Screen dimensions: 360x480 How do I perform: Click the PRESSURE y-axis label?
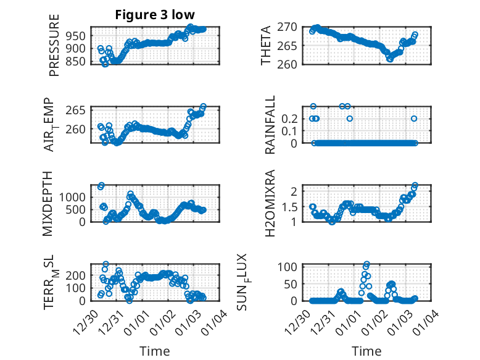click(x=54, y=46)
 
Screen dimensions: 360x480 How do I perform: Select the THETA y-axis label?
click(x=267, y=46)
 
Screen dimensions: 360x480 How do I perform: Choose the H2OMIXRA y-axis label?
click(x=270, y=203)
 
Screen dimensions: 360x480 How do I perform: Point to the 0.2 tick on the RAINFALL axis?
click(x=291, y=118)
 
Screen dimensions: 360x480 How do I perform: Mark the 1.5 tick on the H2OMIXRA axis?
click(x=291, y=206)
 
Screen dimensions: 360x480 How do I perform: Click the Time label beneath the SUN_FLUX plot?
click(x=366, y=351)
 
